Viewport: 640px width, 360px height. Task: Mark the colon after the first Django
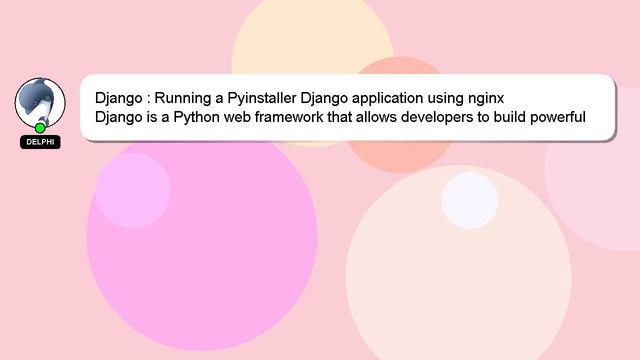(x=146, y=100)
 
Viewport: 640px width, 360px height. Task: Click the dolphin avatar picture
(x=40, y=101)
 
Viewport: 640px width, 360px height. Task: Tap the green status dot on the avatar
(x=40, y=128)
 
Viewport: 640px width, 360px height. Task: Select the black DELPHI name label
(x=40, y=142)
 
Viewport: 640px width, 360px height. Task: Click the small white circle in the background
(x=469, y=200)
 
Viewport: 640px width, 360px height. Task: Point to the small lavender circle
(x=132, y=190)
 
